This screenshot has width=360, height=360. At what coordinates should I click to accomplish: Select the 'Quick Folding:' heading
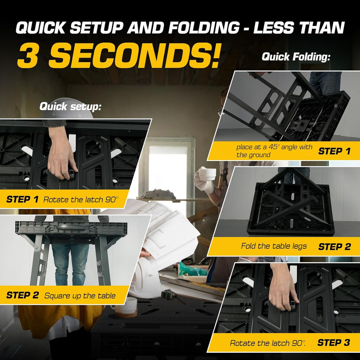(296, 57)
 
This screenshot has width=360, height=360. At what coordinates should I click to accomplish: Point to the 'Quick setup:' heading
(70, 107)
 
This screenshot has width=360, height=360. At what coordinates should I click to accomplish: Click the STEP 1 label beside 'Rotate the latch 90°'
(22, 199)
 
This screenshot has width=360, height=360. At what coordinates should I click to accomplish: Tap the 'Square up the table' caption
(80, 296)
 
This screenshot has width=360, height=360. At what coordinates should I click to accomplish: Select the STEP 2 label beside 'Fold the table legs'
(334, 247)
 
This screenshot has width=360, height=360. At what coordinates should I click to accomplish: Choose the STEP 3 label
(333, 343)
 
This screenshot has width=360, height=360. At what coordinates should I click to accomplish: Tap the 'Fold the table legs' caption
(274, 247)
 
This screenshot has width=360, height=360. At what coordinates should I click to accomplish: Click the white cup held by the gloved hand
(207, 175)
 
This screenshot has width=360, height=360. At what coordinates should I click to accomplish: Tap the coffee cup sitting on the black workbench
(124, 308)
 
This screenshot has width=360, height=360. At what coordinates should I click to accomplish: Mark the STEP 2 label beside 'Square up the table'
(22, 296)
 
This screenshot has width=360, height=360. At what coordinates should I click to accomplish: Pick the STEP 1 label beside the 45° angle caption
(334, 151)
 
